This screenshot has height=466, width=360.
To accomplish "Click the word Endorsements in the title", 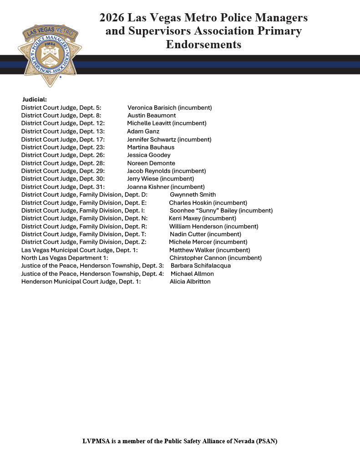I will pos(203,45).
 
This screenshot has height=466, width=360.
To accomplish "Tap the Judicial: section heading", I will pos(35,100).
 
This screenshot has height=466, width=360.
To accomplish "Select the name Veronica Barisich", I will pos(152,108).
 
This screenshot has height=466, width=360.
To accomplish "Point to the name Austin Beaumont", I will pos(152,116).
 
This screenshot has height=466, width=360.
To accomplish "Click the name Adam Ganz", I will pos(143,132).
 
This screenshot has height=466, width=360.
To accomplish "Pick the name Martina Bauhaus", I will pos(151,147).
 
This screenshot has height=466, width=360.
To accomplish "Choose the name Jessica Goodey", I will pos(149,155).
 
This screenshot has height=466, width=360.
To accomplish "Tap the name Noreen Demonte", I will pos(151,163).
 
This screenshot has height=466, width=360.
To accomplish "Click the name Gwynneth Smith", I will pos(193,195).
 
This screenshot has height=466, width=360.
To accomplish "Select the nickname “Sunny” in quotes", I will pos(208,211).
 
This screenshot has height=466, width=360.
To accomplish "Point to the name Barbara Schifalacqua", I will pos(201,266).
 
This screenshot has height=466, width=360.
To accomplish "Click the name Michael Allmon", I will pos(192,274).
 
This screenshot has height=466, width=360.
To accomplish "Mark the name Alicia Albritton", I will pos(190,282).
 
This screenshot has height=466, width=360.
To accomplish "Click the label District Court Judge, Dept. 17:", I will pos(63,139).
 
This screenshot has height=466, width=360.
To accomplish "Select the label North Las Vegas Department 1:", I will pos(64,258).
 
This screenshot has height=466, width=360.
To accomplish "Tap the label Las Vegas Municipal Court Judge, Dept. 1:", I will pos(80,250).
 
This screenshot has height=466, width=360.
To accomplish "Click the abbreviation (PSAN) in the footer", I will pos(266,441).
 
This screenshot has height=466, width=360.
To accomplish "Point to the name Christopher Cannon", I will pos(198,258).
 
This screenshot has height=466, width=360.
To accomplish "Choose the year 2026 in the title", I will pos(112,18).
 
